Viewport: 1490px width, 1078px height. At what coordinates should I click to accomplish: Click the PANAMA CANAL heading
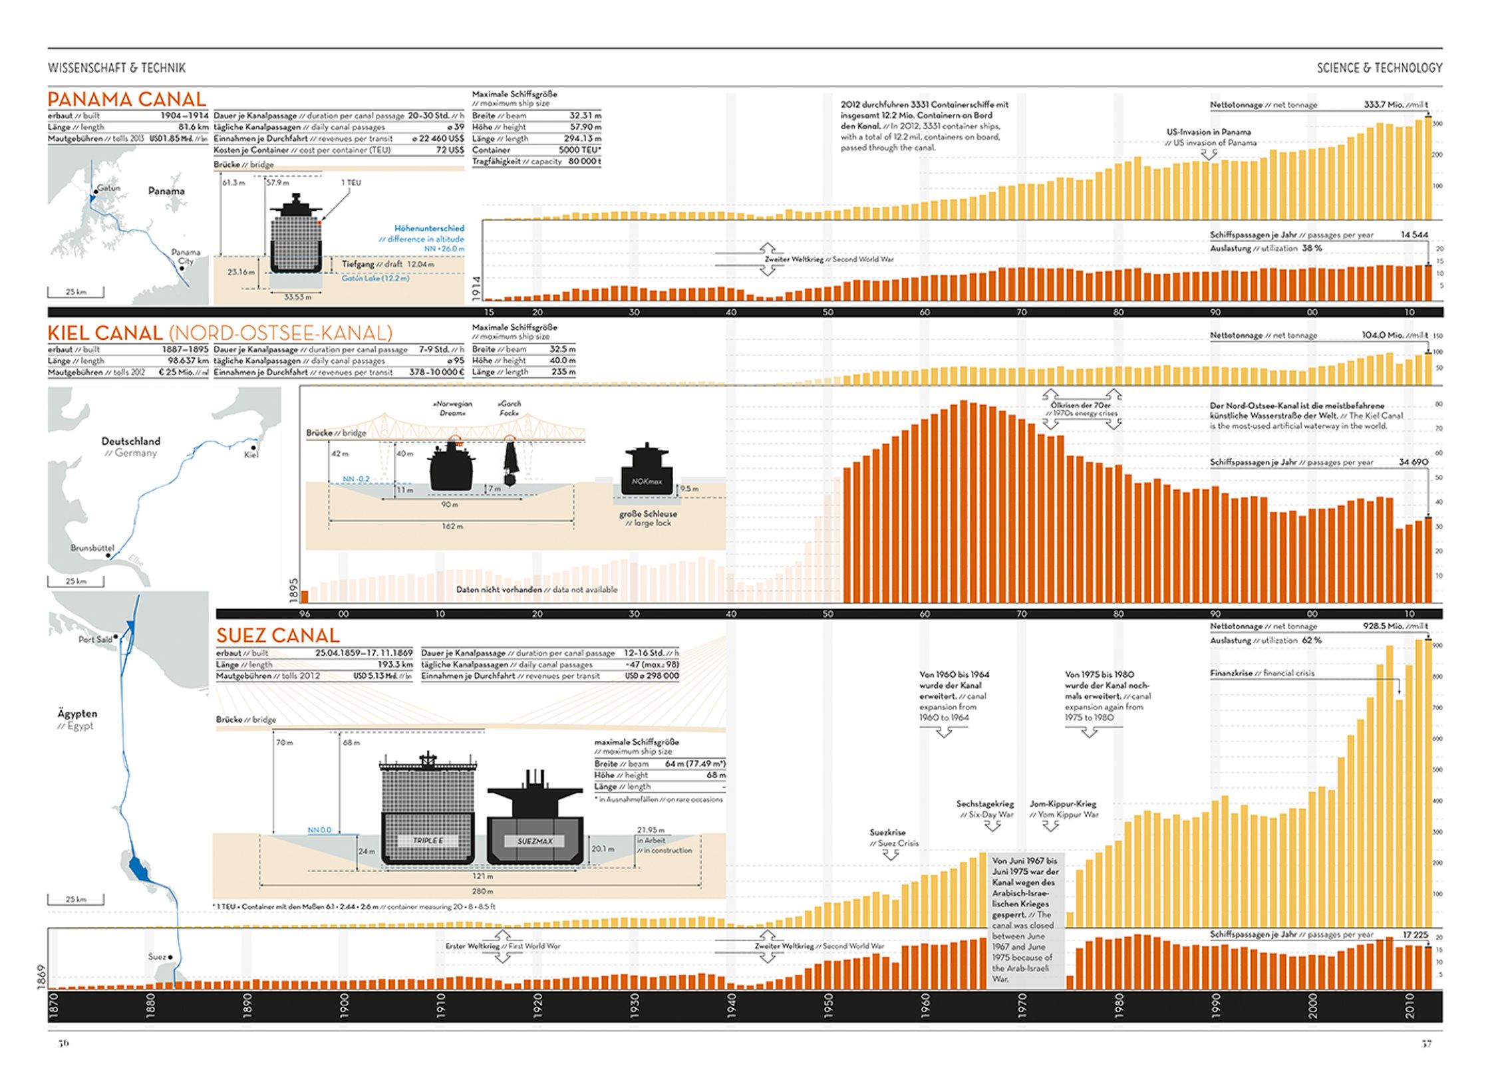click(x=126, y=100)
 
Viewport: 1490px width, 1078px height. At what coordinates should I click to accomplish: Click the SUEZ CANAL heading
click(x=277, y=636)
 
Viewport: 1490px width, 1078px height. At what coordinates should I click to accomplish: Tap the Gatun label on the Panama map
click(x=109, y=188)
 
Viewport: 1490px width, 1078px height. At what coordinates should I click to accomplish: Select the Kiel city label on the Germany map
click(x=251, y=455)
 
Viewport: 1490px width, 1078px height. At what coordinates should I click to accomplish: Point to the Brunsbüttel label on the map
click(x=92, y=548)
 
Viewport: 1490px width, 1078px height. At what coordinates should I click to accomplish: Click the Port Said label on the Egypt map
click(x=95, y=640)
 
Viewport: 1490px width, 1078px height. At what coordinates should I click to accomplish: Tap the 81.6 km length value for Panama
click(x=193, y=127)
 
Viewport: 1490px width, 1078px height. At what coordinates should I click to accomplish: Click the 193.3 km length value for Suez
click(x=395, y=664)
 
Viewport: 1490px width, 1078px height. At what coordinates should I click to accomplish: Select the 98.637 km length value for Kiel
click(x=188, y=361)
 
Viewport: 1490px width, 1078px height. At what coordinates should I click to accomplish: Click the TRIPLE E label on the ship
click(x=427, y=841)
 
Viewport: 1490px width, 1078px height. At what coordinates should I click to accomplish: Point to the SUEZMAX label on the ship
click(x=535, y=841)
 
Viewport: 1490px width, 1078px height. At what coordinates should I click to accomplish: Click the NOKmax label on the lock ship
click(x=647, y=481)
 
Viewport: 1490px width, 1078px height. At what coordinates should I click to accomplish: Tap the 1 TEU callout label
click(x=351, y=183)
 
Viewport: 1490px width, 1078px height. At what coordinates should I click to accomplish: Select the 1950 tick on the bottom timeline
click(x=828, y=1006)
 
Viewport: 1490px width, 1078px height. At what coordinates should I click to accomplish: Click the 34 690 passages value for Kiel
click(x=1413, y=462)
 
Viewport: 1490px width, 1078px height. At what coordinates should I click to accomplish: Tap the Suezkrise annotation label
click(x=887, y=833)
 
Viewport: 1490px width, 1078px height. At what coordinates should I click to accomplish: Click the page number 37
click(x=1426, y=1043)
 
